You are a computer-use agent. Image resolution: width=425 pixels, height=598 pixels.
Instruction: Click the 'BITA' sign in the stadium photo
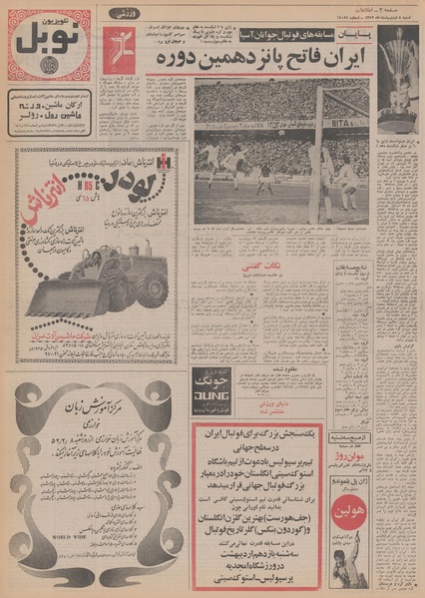(346, 117)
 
